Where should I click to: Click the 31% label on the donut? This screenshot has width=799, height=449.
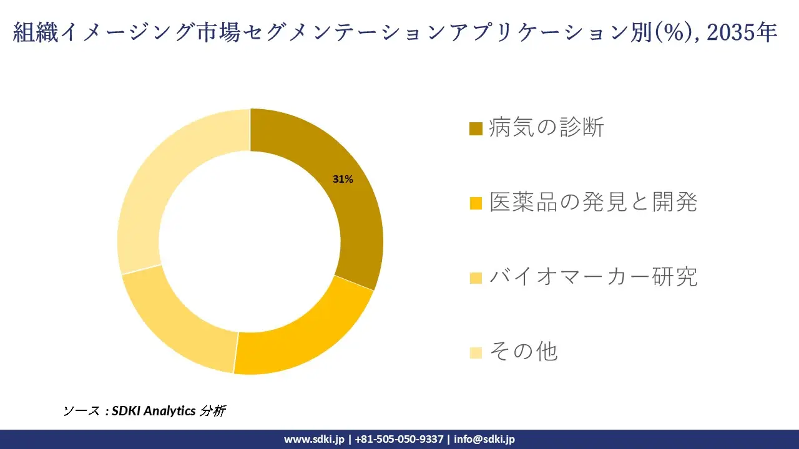point(343,180)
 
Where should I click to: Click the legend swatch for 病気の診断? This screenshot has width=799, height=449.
point(476,129)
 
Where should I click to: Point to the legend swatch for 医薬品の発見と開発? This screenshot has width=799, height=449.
point(476,203)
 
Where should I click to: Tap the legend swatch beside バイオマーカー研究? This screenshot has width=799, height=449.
point(476,278)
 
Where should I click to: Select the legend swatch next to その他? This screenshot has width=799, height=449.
point(476,353)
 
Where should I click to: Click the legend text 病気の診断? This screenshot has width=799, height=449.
point(546,128)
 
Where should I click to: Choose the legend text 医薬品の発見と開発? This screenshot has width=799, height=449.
point(593,202)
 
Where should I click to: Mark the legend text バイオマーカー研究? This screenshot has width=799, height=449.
point(593,277)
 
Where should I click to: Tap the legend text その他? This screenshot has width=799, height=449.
point(523,352)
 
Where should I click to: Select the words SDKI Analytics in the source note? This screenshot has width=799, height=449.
point(153,411)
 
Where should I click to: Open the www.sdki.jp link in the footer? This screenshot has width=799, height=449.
point(314,439)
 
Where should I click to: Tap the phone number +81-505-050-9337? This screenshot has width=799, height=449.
point(399,439)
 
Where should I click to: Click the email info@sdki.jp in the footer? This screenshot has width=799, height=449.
point(484,439)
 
